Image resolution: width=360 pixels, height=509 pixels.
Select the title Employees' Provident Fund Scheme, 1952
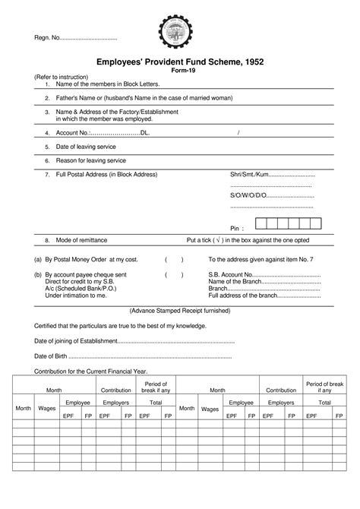180,61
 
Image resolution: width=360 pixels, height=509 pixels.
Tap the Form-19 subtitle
180,70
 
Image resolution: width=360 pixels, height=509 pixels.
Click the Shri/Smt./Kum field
271,174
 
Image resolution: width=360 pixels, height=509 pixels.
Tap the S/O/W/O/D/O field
271,195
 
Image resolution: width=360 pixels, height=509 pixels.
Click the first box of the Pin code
262,224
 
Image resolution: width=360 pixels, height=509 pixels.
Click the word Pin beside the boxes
238,228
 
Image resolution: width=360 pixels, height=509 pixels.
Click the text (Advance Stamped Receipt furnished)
180,311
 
